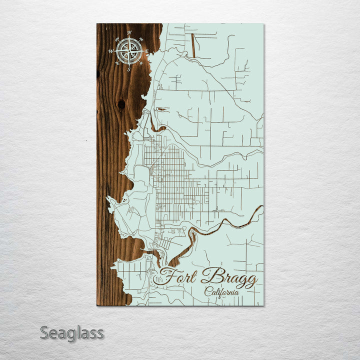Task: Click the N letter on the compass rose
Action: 129,33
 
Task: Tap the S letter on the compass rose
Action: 129,69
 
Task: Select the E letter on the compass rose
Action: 147,51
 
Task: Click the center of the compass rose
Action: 129,51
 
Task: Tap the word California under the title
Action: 221,292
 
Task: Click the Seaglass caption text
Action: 71,333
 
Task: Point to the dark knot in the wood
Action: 121,104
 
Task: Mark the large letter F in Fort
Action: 168,276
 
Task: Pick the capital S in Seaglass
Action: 45,333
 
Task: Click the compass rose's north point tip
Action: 129,37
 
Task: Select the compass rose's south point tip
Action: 129,65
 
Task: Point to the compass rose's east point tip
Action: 143,51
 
